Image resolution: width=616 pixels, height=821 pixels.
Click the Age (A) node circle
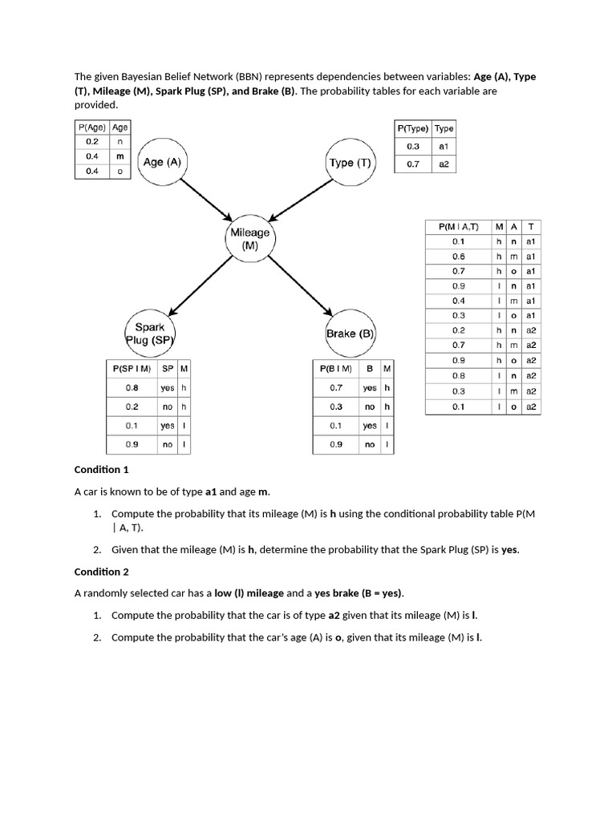[163, 162]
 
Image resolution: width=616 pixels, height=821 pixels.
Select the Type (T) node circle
[350, 163]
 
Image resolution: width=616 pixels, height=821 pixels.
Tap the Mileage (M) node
[249, 238]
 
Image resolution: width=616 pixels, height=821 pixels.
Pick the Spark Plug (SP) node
[150, 334]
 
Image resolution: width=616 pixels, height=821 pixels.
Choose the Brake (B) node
[350, 334]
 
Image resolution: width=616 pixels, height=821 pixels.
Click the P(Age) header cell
[91, 127]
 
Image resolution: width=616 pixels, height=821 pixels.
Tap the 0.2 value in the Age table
[91, 142]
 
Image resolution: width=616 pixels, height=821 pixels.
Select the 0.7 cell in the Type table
[413, 164]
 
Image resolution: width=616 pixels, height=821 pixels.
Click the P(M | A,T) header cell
[458, 227]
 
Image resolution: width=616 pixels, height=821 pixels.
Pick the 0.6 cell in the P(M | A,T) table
[458, 256]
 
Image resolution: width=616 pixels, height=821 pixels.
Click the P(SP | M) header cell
[132, 368]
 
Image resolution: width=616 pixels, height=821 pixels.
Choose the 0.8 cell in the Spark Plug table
[132, 387]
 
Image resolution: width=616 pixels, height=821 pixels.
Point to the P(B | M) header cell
[335, 368]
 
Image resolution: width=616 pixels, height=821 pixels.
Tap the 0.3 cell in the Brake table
[335, 406]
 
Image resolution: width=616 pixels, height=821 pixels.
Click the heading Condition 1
[101, 469]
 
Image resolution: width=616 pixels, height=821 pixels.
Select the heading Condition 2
[101, 572]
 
